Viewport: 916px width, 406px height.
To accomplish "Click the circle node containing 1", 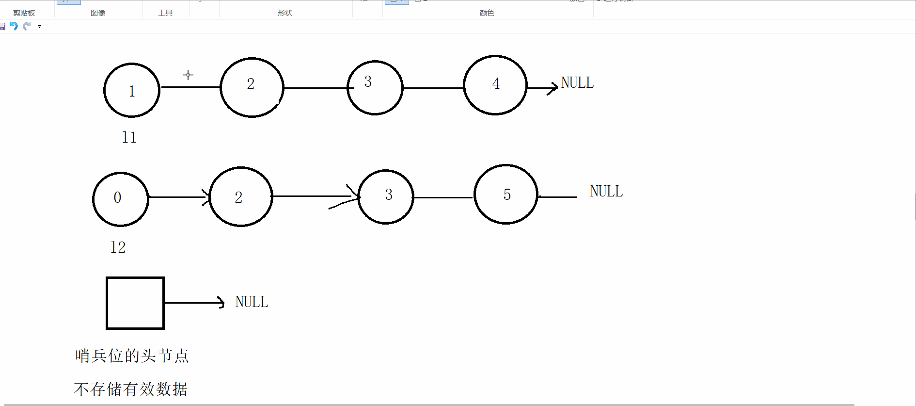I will [x=132, y=90].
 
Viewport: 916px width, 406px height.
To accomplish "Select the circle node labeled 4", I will [x=495, y=85].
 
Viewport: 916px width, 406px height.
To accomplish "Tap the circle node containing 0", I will [x=121, y=199].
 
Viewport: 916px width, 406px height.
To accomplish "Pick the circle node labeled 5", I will [x=506, y=195].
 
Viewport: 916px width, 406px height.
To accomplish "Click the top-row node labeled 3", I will [x=375, y=88].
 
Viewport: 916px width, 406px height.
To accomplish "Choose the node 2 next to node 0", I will [x=241, y=196].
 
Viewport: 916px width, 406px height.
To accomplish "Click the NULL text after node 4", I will [x=577, y=83].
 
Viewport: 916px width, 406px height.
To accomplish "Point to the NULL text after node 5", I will [x=606, y=192].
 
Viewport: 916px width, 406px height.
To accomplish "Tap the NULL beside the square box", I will [x=252, y=302].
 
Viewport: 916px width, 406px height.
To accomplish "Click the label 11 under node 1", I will [x=129, y=138].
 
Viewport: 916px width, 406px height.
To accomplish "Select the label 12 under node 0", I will [x=118, y=248].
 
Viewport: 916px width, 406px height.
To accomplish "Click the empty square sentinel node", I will [x=135, y=303].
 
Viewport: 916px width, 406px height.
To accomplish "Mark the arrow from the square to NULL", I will [x=194, y=303].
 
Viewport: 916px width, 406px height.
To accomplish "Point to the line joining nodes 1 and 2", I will [x=190, y=87].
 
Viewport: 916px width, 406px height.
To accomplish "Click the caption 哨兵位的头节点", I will [x=132, y=356].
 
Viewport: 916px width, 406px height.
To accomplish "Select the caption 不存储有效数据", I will [x=131, y=389].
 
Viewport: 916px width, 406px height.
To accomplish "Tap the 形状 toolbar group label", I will [x=285, y=13].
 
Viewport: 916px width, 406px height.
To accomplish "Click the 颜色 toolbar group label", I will [x=487, y=13].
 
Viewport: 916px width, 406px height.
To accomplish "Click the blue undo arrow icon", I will [x=14, y=26].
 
